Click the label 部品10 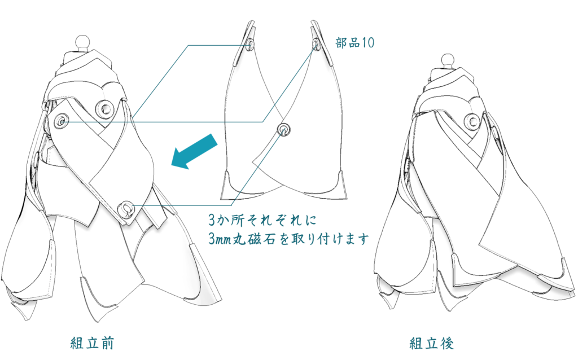click(x=354, y=43)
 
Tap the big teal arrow click(x=195, y=152)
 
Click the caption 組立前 click(x=92, y=343)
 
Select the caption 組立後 click(x=431, y=343)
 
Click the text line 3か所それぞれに click(x=262, y=221)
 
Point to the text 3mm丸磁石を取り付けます click(x=288, y=239)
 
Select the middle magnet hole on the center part click(x=283, y=130)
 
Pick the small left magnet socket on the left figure click(x=61, y=121)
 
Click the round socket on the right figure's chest click(x=472, y=121)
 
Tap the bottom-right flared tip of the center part click(x=339, y=185)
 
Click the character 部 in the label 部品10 click(x=341, y=43)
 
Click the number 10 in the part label click(x=367, y=43)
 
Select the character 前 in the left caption click(x=107, y=343)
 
